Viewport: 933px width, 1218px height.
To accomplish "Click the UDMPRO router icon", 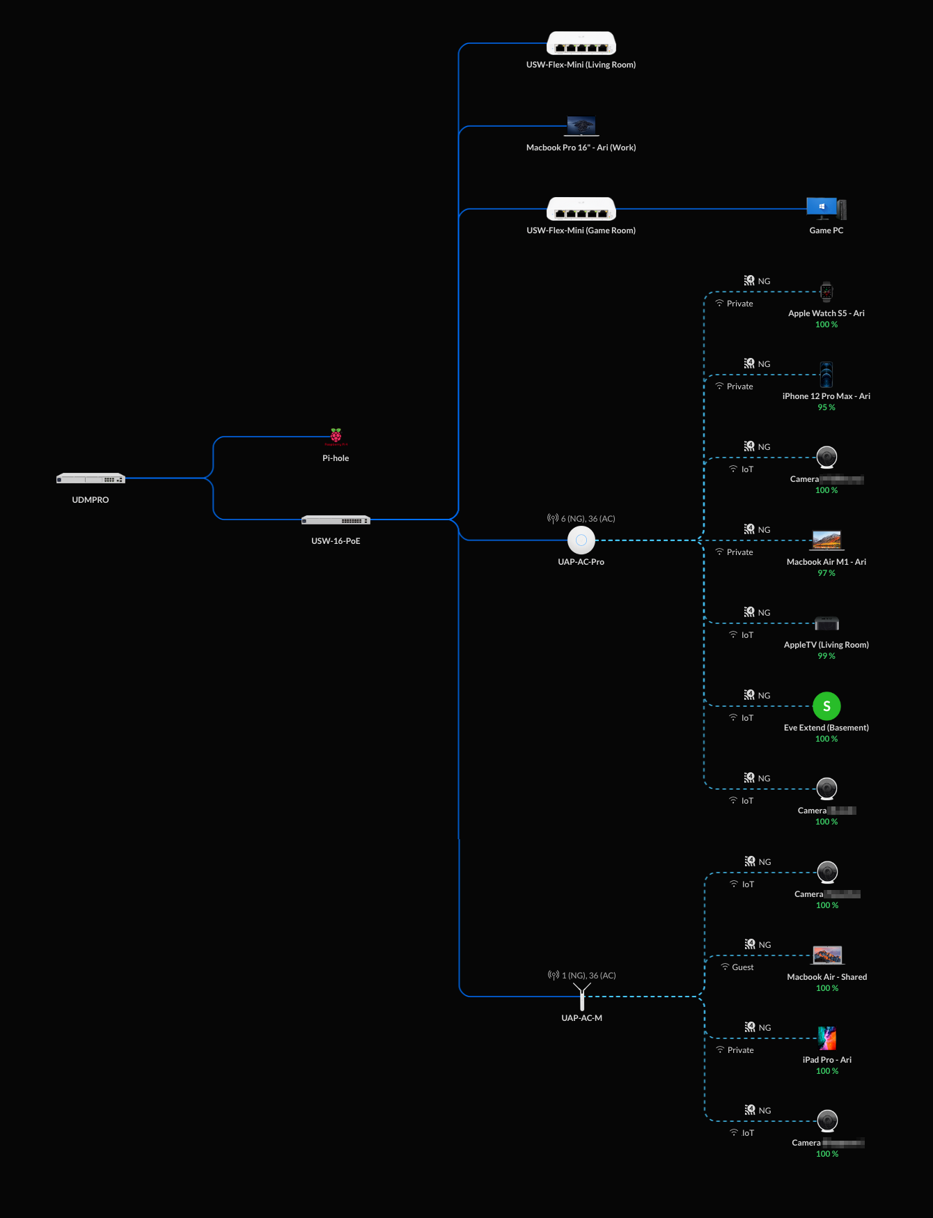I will [x=91, y=478].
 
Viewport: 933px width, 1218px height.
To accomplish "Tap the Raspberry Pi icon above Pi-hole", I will [x=336, y=437].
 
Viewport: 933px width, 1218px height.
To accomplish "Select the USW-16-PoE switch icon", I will [x=336, y=520].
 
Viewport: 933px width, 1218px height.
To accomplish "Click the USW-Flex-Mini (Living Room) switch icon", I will [x=581, y=44].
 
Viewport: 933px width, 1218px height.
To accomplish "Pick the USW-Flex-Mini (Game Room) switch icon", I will [x=581, y=209].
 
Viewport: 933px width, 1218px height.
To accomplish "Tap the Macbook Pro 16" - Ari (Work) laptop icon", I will [x=581, y=126].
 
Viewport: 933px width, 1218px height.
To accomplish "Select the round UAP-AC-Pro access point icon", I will [x=581, y=540].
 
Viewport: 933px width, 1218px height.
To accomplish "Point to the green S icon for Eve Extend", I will [x=826, y=706].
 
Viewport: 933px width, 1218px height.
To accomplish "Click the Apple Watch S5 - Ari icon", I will [x=826, y=292].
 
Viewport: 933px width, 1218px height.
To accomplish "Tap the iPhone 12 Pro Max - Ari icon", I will [x=826, y=375].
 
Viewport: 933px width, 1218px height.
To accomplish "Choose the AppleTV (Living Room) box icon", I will [x=826, y=623].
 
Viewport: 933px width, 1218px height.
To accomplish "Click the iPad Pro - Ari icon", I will [x=827, y=1038].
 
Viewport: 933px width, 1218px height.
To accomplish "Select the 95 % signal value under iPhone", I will [x=826, y=407].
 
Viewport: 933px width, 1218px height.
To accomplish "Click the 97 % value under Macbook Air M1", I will [x=826, y=573].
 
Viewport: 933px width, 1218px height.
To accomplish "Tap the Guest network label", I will [x=742, y=967].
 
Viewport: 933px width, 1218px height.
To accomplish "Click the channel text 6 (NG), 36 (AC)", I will [x=588, y=519].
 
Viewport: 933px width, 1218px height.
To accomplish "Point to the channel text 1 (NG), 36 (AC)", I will [x=588, y=976].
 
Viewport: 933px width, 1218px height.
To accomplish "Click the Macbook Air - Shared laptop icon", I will [x=827, y=955].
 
